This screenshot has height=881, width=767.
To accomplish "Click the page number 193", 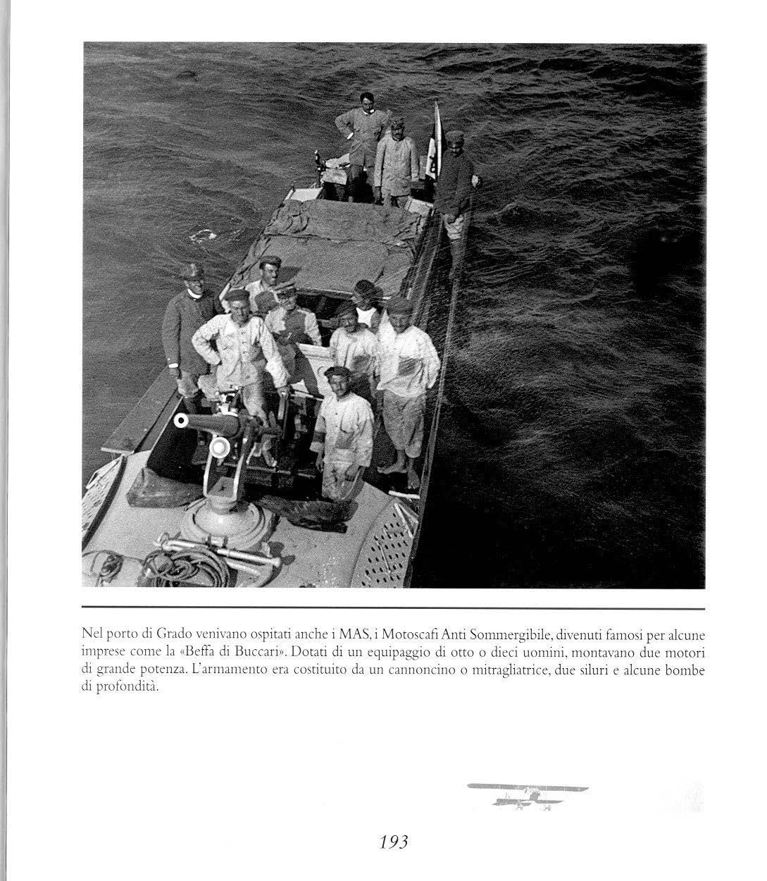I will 394,841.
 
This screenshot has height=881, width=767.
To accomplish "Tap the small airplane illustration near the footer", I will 528,794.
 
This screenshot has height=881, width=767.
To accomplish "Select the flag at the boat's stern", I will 435,141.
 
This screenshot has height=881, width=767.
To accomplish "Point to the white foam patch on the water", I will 205,235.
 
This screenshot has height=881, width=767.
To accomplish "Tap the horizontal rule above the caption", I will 393,608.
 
